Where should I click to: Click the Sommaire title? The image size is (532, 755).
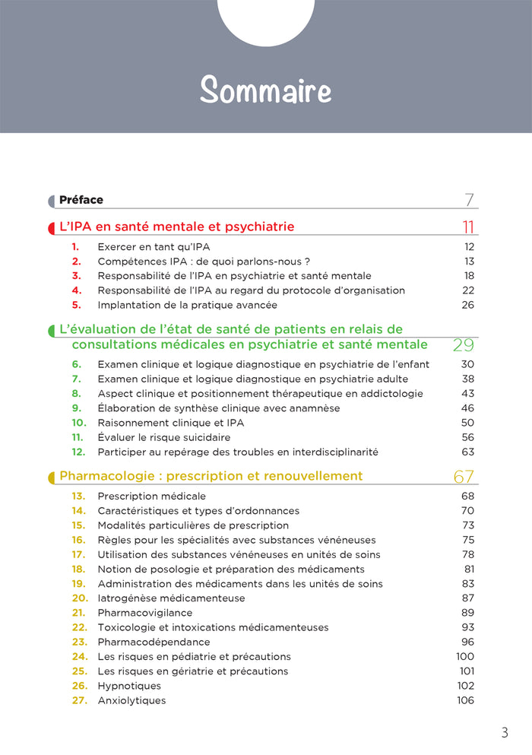pos(266,90)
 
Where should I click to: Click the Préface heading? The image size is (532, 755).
pos(81,200)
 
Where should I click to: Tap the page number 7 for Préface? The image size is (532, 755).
pos(470,200)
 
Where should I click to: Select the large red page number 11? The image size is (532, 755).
pos(468,227)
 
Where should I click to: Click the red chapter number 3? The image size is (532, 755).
pos(76,276)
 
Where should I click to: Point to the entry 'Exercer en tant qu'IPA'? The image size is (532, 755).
pos(154,247)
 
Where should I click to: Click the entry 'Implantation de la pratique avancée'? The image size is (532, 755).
pos(187,305)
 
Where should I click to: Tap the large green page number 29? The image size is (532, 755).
pos(463,344)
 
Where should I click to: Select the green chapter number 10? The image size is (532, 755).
pos(79,423)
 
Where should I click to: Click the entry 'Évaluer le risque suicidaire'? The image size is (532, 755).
pos(163,437)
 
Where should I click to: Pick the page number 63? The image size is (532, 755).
pos(467,452)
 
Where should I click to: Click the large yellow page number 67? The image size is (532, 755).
pos(464,477)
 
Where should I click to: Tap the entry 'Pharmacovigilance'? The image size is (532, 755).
pos(144,613)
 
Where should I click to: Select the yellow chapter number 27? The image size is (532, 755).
pos(80,700)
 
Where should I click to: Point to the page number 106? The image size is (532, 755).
pos(465,700)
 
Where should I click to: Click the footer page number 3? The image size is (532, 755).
pos(505,733)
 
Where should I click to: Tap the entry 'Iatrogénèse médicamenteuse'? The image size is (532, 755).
pos(171,598)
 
